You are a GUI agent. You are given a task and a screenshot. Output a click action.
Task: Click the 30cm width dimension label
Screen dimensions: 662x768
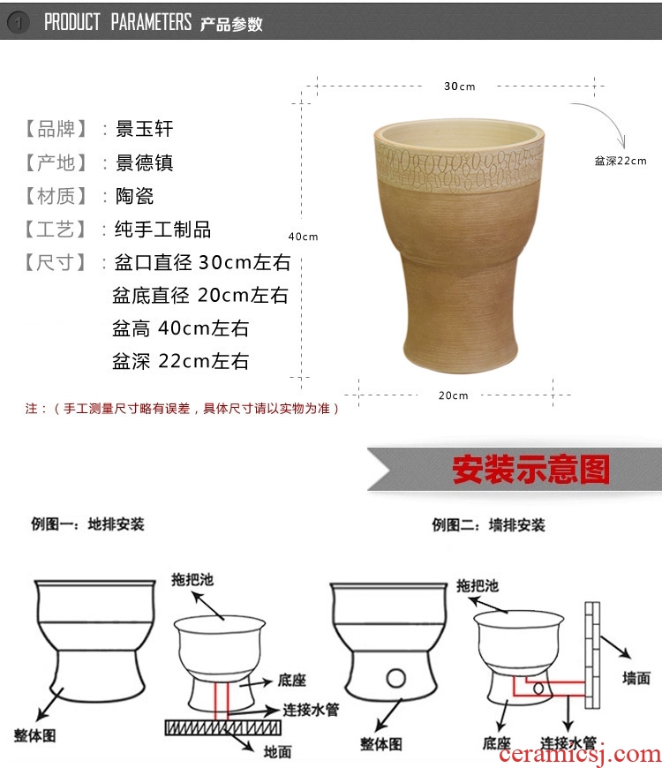point(459,87)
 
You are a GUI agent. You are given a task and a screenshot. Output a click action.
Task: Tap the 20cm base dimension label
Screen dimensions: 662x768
point(454,395)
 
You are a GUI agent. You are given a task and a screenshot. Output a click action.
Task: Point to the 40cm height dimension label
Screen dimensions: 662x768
point(303,237)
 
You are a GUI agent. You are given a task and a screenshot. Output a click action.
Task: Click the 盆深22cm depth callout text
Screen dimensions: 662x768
point(621,161)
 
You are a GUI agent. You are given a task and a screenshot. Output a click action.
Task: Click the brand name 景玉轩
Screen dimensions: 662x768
point(144,129)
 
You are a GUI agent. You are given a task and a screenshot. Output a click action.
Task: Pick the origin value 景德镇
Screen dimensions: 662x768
point(144,162)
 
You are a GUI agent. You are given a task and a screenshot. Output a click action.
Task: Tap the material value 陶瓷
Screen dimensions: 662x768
point(134,196)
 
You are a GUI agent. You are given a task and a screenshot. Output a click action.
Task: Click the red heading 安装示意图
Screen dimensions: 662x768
point(530,470)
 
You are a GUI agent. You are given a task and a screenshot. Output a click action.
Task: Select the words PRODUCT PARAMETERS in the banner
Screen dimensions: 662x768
point(117,22)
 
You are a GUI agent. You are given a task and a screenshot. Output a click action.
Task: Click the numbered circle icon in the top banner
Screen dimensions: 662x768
point(19,22)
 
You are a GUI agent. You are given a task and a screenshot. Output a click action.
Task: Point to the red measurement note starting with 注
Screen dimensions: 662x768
point(182,409)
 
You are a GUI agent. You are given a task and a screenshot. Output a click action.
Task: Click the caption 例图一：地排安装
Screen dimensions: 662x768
point(87,524)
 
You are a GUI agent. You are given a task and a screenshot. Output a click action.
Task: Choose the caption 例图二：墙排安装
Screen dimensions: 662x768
point(488,525)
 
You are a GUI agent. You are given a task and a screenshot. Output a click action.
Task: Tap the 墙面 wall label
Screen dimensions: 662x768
point(636,678)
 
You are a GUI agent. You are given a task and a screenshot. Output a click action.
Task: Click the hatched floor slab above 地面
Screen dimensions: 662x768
point(222,727)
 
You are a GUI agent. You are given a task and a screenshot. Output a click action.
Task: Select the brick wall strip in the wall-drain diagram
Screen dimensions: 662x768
point(592,655)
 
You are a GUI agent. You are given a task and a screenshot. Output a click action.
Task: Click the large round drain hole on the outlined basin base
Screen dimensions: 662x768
point(395,678)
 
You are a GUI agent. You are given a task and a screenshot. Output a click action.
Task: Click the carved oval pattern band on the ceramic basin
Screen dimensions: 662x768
point(459,168)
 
